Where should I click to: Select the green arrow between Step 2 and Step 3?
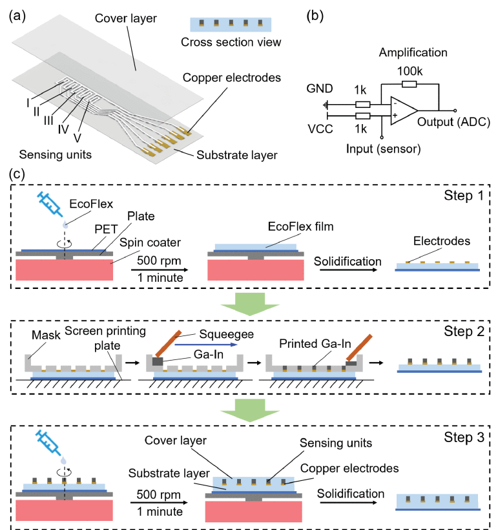pos(249,408)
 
